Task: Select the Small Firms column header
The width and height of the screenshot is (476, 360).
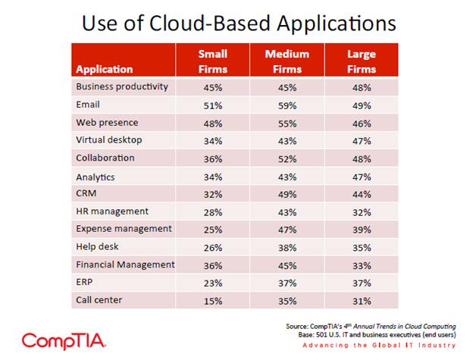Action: pos(212,61)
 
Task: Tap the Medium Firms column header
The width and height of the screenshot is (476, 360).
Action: pos(287,61)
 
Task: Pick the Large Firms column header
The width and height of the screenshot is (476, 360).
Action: pos(361,61)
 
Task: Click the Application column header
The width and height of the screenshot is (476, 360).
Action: pos(105,69)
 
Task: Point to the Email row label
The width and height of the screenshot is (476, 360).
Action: pos(88,105)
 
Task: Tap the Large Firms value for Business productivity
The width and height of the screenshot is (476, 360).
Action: pos(361,88)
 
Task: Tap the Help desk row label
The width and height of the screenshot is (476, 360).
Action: pos(98,247)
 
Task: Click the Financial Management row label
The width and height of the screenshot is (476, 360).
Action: pos(125,265)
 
